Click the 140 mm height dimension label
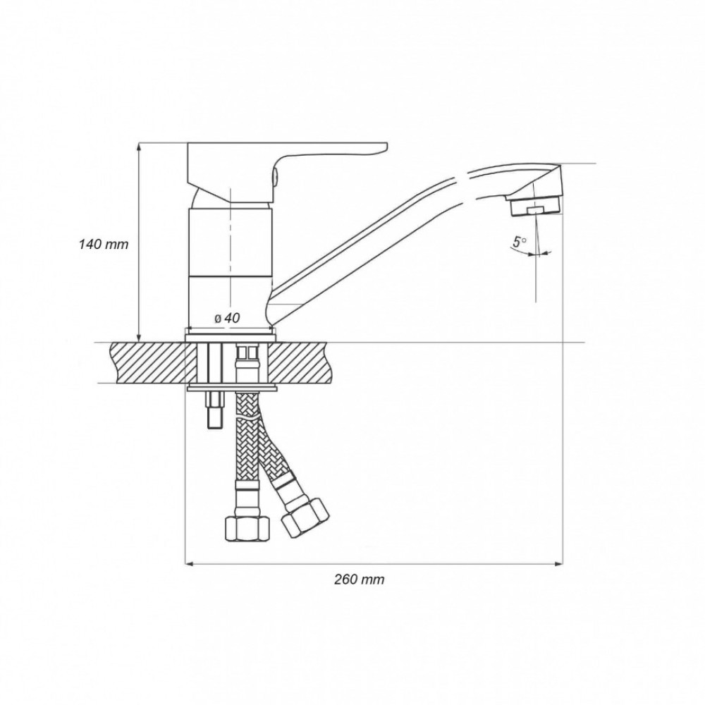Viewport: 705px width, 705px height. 104,245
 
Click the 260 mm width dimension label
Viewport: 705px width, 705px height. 360,580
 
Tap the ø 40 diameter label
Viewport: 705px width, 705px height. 228,318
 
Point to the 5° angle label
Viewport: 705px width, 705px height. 520,242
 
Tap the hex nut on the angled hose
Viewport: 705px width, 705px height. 305,517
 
